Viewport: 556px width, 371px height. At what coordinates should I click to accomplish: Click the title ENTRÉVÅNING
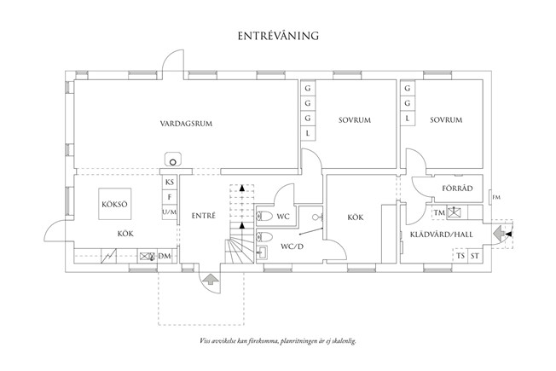click(278, 37)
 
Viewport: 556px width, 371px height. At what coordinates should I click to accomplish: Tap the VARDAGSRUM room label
click(185, 124)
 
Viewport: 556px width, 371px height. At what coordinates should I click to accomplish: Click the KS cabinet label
click(170, 183)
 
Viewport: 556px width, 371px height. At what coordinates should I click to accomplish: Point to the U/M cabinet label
click(170, 212)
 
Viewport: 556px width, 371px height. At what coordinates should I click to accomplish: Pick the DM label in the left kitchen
click(165, 255)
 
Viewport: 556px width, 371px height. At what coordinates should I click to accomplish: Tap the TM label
click(438, 212)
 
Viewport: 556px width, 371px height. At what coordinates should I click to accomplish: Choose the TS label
click(460, 255)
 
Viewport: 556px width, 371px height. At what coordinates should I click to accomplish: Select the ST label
click(475, 255)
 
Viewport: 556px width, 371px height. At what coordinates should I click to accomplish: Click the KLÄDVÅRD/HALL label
click(442, 233)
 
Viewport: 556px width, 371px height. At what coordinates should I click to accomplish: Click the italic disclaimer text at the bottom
click(278, 340)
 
